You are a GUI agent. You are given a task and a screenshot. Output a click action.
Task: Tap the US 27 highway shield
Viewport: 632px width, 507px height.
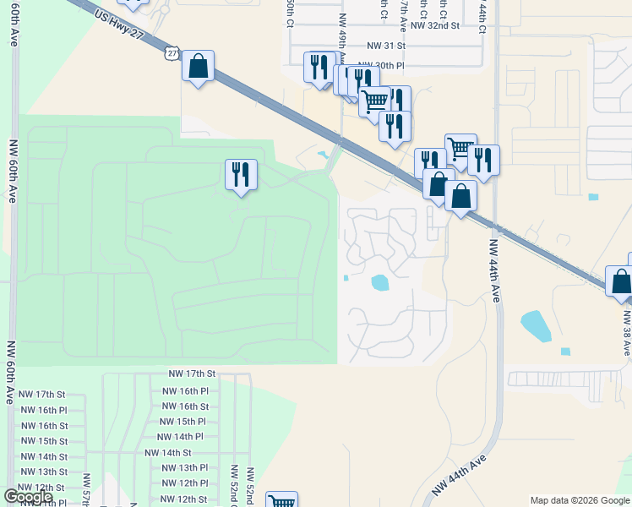(172, 52)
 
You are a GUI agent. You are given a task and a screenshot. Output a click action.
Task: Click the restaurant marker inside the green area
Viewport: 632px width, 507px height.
(241, 175)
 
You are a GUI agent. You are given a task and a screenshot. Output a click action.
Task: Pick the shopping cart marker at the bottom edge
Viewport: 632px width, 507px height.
(281, 501)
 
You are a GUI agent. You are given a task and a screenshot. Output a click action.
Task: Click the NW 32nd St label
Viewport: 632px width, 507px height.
(434, 25)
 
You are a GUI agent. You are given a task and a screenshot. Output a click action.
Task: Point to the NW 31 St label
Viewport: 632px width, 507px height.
(386, 48)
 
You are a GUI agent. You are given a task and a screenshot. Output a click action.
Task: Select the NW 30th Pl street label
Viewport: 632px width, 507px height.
(381, 64)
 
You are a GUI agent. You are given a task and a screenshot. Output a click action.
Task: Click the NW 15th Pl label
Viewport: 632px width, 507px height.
(183, 422)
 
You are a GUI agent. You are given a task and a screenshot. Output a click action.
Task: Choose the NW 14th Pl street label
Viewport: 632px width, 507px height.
(180, 437)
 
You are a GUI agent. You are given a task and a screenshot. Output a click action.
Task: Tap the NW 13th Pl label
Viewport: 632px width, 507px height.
(184, 467)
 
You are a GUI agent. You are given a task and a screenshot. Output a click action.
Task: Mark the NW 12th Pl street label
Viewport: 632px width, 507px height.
(184, 482)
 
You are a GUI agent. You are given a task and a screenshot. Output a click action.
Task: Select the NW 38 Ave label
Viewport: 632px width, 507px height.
(627, 333)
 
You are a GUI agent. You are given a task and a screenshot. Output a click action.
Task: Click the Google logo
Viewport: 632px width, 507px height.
(29, 497)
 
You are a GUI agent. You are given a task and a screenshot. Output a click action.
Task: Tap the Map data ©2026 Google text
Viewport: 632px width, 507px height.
(579, 500)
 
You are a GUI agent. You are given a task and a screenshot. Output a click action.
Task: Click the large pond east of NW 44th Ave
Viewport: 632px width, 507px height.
(535, 324)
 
